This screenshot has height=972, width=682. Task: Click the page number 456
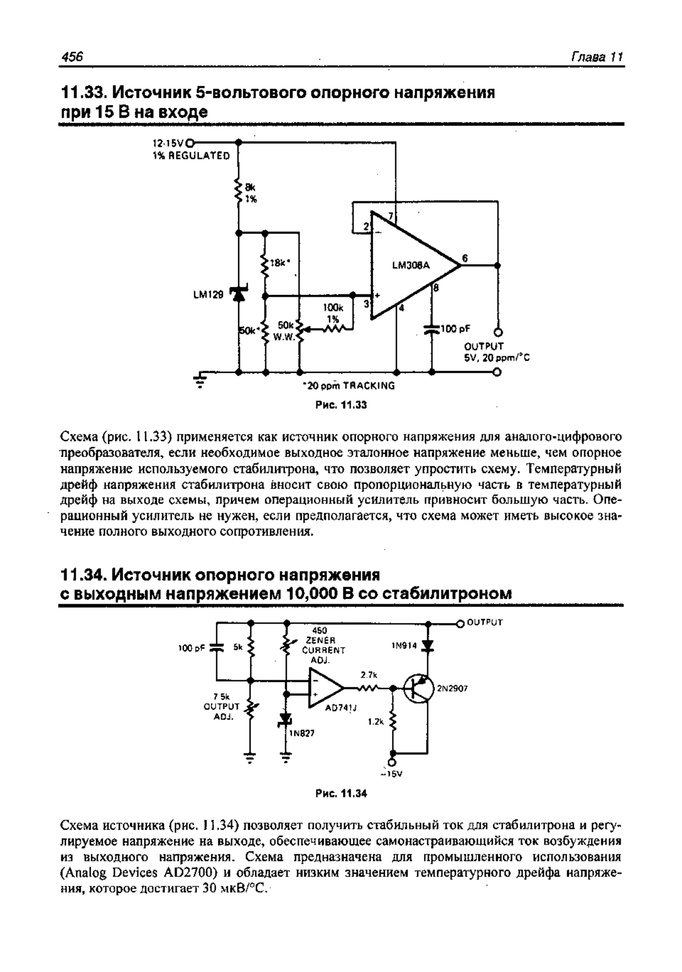pyautogui.click(x=72, y=57)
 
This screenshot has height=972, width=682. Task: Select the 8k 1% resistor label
pyautogui.click(x=250, y=193)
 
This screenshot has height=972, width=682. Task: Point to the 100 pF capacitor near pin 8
pyautogui.click(x=432, y=329)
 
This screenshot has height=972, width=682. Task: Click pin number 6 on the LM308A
pyautogui.click(x=465, y=259)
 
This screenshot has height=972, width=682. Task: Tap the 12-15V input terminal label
pyautogui.click(x=168, y=142)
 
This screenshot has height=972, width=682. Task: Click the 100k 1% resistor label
pyautogui.click(x=332, y=313)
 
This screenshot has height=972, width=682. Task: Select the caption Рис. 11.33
pyautogui.click(x=340, y=405)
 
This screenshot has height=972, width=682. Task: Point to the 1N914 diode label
pyautogui.click(x=404, y=646)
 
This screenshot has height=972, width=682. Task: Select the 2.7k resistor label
pyautogui.click(x=369, y=675)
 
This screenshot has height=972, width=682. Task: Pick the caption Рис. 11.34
pyautogui.click(x=341, y=794)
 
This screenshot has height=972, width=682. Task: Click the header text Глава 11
pyautogui.click(x=597, y=57)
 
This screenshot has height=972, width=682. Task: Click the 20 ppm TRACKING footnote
pyautogui.click(x=349, y=386)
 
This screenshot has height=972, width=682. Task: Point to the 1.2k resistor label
pyautogui.click(x=376, y=721)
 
